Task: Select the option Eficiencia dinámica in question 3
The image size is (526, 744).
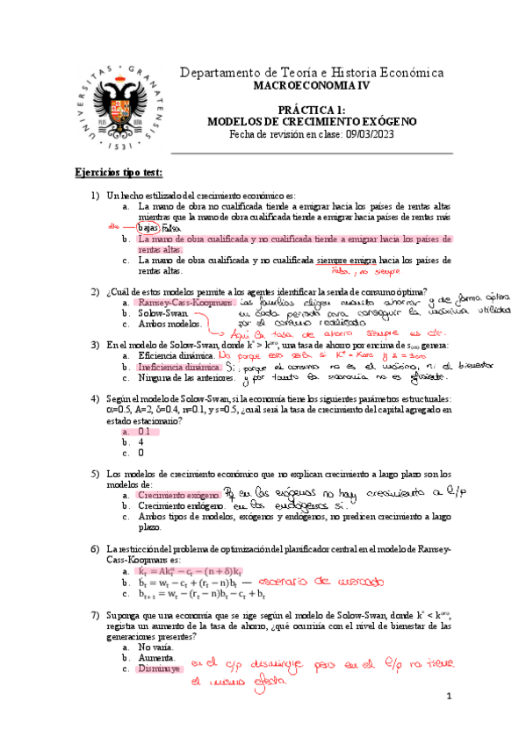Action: pos(176,357)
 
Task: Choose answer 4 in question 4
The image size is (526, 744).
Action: pos(141,442)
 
